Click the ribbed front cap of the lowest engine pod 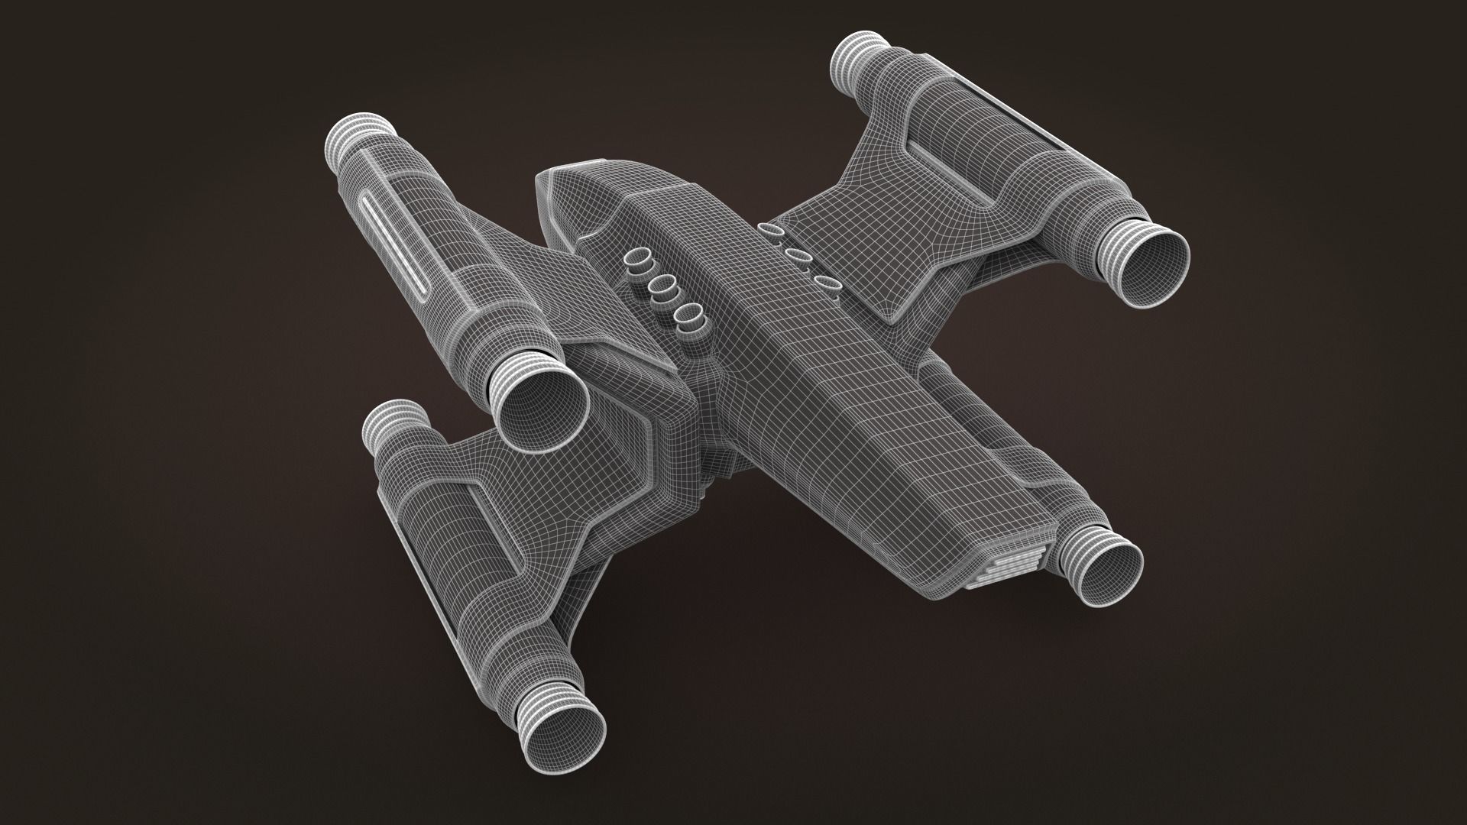click(x=393, y=425)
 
